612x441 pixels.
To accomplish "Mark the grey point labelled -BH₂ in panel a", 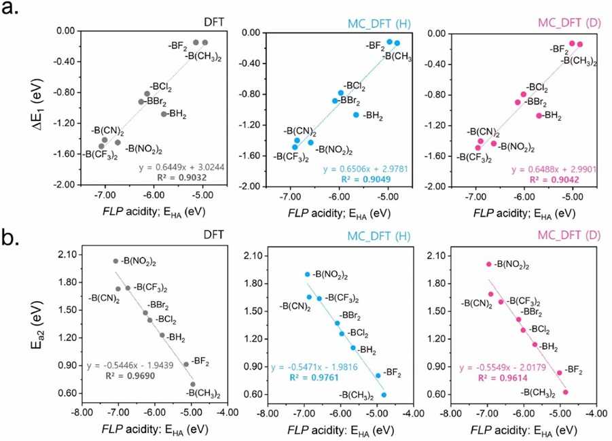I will (x=164, y=114).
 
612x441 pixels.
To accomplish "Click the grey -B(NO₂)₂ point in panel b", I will (x=115, y=261).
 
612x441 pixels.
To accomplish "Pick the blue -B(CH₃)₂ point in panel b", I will (x=384, y=395).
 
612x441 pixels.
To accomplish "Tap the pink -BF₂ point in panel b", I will (x=560, y=372).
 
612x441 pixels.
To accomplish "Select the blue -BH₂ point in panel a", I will (x=356, y=115).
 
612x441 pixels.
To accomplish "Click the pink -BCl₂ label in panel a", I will (x=538, y=87).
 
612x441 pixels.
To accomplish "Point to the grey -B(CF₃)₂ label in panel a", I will (x=103, y=154).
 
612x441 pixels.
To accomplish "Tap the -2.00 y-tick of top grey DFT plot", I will (x=66, y=185).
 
